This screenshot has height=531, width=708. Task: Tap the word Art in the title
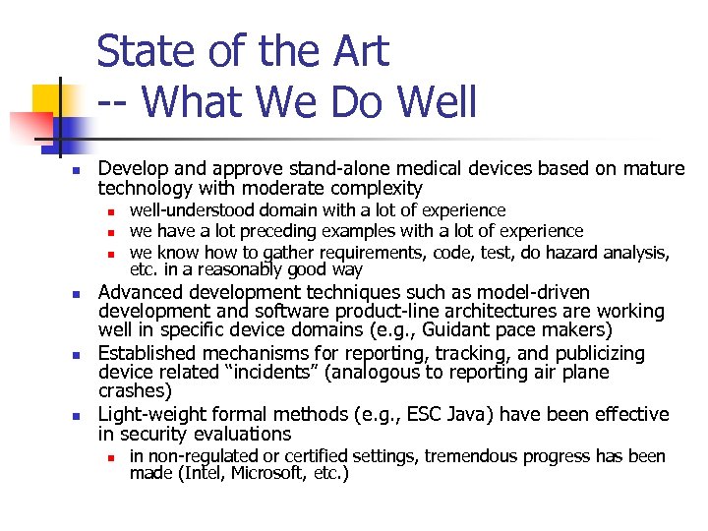pyautogui.click(x=358, y=51)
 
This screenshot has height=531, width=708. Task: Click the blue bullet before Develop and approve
pyautogui.click(x=60, y=169)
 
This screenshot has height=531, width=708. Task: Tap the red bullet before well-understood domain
pyautogui.click(x=112, y=210)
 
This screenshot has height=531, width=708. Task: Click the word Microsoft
pyautogui.click(x=266, y=474)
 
